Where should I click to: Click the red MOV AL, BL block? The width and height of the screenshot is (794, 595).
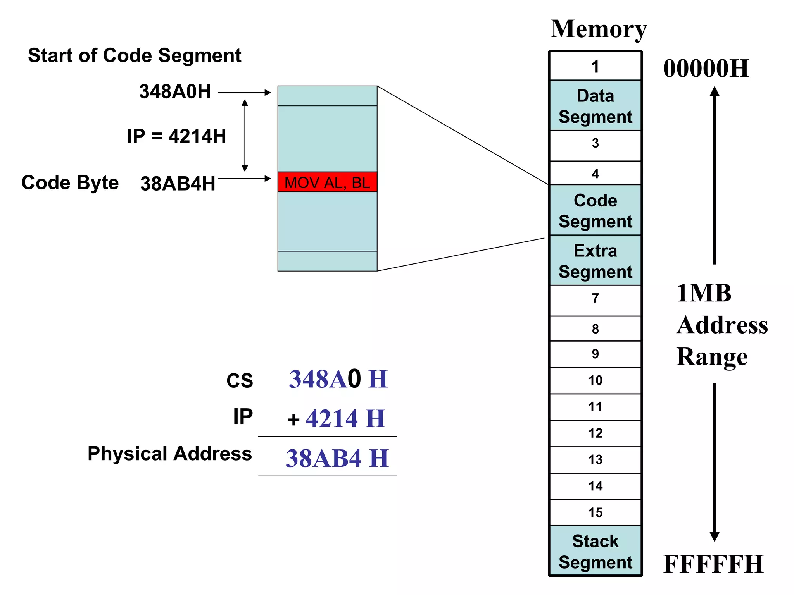pyautogui.click(x=327, y=182)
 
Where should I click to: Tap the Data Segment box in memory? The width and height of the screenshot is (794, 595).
pyautogui.click(x=595, y=106)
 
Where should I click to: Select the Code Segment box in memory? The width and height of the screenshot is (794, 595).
pyautogui.click(x=595, y=210)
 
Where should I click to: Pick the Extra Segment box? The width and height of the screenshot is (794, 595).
pyautogui.click(x=595, y=261)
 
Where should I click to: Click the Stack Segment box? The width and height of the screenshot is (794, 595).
pyautogui.click(x=595, y=551)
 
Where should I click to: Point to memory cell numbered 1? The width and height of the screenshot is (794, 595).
pyautogui.click(x=595, y=67)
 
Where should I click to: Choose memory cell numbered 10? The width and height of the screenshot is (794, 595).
pyautogui.click(x=595, y=380)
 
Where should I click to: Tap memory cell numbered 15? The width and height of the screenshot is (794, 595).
pyautogui.click(x=595, y=512)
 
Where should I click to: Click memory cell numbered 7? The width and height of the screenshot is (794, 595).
pyautogui.click(x=595, y=298)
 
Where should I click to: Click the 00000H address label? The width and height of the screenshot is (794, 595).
pyautogui.click(x=706, y=69)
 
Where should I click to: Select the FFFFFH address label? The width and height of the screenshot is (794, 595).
pyautogui.click(x=713, y=564)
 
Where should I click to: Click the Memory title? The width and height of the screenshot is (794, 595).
pyautogui.click(x=599, y=29)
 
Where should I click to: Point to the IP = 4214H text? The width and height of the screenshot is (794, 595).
pyautogui.click(x=176, y=136)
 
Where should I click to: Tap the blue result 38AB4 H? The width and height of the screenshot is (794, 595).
pyautogui.click(x=337, y=458)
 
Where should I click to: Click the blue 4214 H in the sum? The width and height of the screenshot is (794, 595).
pyautogui.click(x=345, y=419)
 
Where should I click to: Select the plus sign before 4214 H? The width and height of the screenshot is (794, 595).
pyautogui.click(x=293, y=420)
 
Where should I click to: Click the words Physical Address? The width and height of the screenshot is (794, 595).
pyautogui.click(x=169, y=454)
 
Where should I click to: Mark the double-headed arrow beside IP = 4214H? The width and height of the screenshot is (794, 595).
pyautogui.click(x=245, y=135)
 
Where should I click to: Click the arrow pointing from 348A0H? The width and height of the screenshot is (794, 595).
pyautogui.click(x=244, y=93)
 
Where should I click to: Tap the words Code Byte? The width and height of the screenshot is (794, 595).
pyautogui.click(x=70, y=182)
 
